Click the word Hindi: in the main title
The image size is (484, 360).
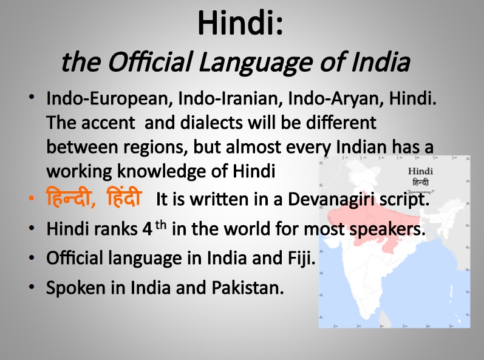pos(240,23)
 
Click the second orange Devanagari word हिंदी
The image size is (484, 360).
pos(124,197)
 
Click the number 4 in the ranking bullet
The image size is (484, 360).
pos(148,229)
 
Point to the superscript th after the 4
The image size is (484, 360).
pos(160,225)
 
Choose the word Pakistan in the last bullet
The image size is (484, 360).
pos(248,288)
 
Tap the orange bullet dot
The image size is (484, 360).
pos(32,199)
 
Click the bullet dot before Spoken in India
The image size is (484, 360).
pos(32,287)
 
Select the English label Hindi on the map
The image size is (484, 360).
pos(420,171)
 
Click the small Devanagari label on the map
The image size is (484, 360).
pos(420,182)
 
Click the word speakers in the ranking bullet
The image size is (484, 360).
pos(387,229)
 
